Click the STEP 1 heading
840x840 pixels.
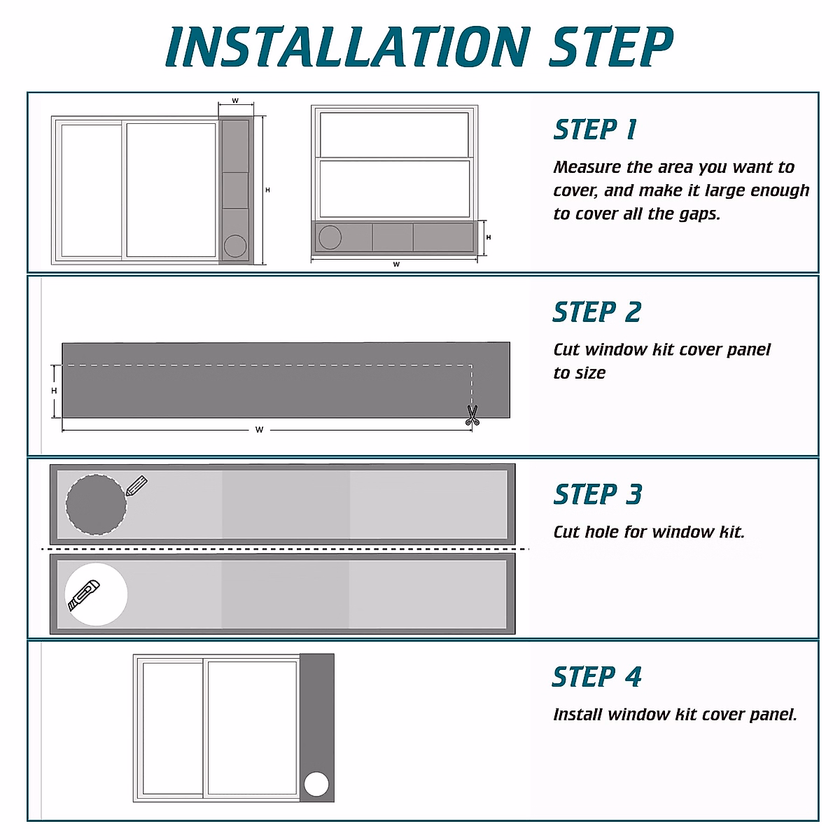point(595,130)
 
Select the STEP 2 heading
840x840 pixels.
point(597,312)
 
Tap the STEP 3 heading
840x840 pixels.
point(598,494)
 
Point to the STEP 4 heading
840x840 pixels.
point(596,677)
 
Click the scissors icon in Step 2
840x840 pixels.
point(472,416)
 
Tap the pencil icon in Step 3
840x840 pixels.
point(136,486)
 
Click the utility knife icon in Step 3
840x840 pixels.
point(83,595)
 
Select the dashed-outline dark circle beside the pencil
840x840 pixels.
point(96,505)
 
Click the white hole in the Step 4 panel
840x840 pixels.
point(316,784)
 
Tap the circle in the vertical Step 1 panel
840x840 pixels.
point(235,246)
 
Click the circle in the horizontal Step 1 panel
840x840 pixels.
point(330,238)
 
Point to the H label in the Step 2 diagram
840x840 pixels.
point(54,391)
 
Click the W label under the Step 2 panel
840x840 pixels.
point(259,430)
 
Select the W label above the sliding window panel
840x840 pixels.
point(235,101)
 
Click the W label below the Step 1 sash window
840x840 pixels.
point(396,265)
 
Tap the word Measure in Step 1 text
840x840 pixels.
point(587,167)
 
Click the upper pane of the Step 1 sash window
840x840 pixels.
point(394,134)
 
